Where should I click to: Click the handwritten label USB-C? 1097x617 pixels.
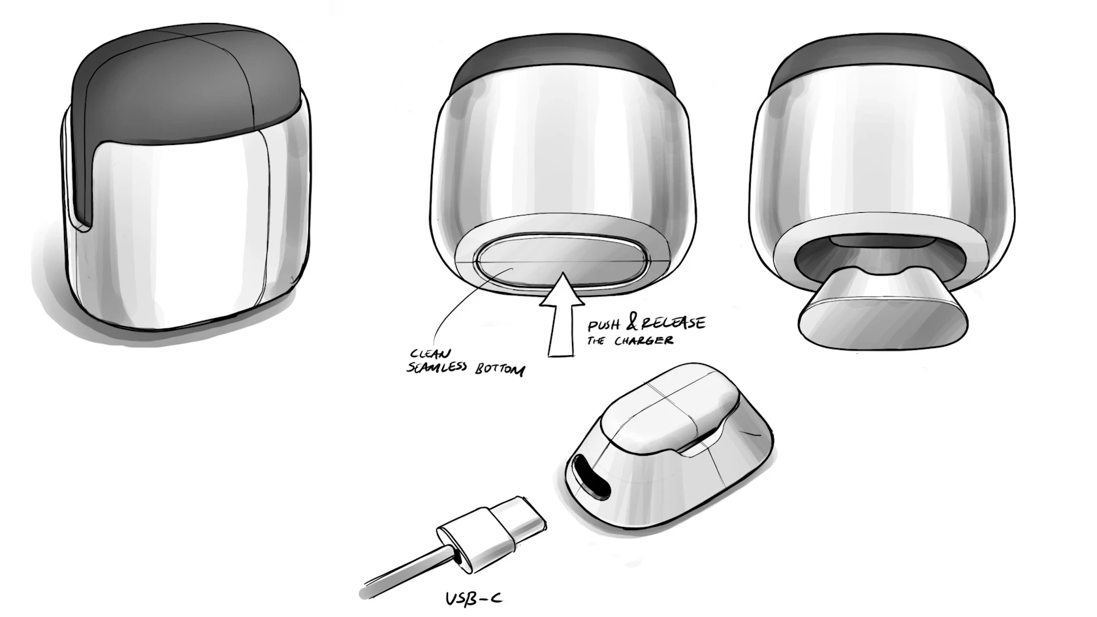[x=473, y=598]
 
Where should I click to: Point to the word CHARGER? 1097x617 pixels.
[x=644, y=340]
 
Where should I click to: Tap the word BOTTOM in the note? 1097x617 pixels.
[x=500, y=370]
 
